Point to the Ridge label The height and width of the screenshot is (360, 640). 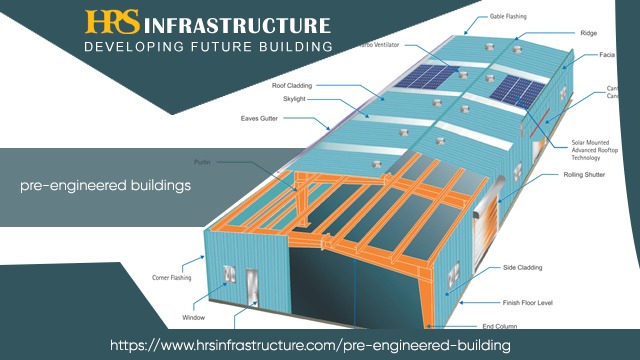click(x=588, y=32)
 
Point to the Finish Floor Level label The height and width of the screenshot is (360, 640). click(x=526, y=301)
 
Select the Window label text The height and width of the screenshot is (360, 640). click(x=194, y=316)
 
